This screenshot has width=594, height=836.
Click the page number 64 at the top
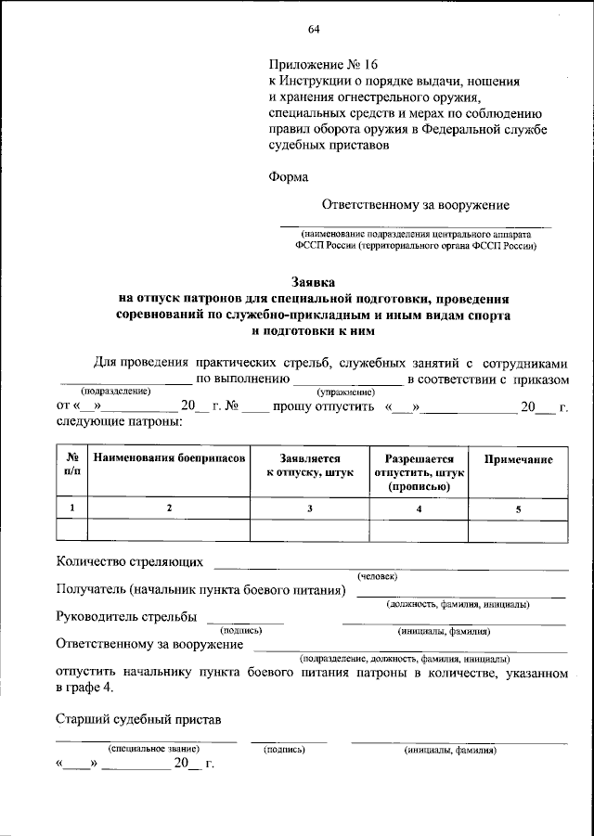pyautogui.click(x=314, y=29)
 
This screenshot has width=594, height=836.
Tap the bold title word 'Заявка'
pyautogui.click(x=315, y=282)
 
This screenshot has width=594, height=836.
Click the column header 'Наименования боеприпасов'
pyautogui.click(x=169, y=459)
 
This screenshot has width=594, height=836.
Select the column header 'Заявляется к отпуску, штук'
pyautogui.click(x=310, y=466)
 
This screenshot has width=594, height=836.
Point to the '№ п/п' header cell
pyautogui.click(x=71, y=466)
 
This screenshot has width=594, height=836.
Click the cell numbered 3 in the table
pyautogui.click(x=310, y=508)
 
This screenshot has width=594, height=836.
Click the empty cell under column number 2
pyautogui.click(x=169, y=531)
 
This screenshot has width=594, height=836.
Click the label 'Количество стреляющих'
pyautogui.click(x=129, y=562)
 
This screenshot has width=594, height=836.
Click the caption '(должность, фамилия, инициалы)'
pyautogui.click(x=458, y=604)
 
